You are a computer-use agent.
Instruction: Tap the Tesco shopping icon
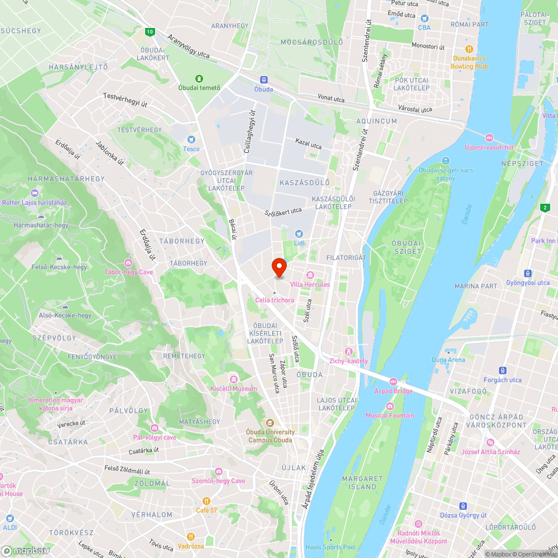[x=191, y=139]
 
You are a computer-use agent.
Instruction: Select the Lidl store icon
[x=299, y=233]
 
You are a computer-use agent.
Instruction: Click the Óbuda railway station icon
[x=264, y=80]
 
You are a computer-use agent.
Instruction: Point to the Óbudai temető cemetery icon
[x=199, y=78]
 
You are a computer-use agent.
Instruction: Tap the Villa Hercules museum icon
[x=310, y=275]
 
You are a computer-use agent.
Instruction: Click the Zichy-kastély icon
[x=349, y=351]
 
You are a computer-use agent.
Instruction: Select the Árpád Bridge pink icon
[x=393, y=382]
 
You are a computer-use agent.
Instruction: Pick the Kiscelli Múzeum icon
[x=233, y=379]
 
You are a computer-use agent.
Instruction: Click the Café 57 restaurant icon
[x=206, y=501]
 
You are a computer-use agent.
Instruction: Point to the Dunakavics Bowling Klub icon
[x=469, y=49]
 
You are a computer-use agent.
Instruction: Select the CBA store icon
[x=424, y=18]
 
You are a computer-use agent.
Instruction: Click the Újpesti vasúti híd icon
[x=489, y=138]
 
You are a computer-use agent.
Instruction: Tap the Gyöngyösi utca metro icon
[x=527, y=273]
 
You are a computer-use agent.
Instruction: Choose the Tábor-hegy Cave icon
[x=128, y=263]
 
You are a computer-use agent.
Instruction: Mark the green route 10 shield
[x=149, y=32]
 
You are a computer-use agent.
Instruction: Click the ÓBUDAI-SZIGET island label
[x=407, y=247]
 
